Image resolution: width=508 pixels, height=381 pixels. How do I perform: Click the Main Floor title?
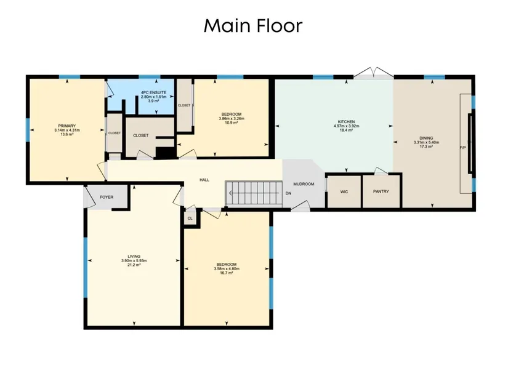pyautogui.click(x=253, y=26)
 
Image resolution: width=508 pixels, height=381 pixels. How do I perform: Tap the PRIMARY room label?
pyautogui.click(x=67, y=126)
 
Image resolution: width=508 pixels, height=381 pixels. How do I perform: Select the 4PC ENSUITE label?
pyautogui.click(x=153, y=93)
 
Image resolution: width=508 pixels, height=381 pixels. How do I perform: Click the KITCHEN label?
pyautogui.click(x=346, y=122)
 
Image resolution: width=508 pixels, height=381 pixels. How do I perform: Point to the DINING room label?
pyautogui.click(x=426, y=138)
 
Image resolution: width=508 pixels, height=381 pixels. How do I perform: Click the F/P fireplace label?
pyautogui.click(x=463, y=148)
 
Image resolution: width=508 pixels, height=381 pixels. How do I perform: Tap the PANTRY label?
pyautogui.click(x=381, y=191)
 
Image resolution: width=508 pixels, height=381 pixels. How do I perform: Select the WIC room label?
pyautogui.click(x=344, y=192)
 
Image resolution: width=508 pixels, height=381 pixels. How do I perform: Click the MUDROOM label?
pyautogui.click(x=304, y=184)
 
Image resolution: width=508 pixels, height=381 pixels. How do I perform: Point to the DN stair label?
pyautogui.click(x=288, y=193)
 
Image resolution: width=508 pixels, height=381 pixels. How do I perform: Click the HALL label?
pyautogui.click(x=204, y=180)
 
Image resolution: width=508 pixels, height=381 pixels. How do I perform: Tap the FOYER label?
pyautogui.click(x=107, y=197)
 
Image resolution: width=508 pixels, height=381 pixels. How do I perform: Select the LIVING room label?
pyautogui.click(x=134, y=257)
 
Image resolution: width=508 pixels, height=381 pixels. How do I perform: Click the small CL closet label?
pyautogui.click(x=190, y=219)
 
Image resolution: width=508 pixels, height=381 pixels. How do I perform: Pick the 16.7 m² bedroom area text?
pyautogui.click(x=227, y=273)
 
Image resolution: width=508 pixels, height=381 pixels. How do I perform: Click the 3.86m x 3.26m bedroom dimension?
pyautogui.click(x=232, y=119)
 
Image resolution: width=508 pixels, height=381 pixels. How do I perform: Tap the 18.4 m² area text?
pyautogui.click(x=346, y=130)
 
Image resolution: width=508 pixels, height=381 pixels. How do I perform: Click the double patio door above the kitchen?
pyautogui.click(x=374, y=73)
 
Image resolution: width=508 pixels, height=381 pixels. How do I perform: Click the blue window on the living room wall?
pyautogui.click(x=86, y=268)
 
